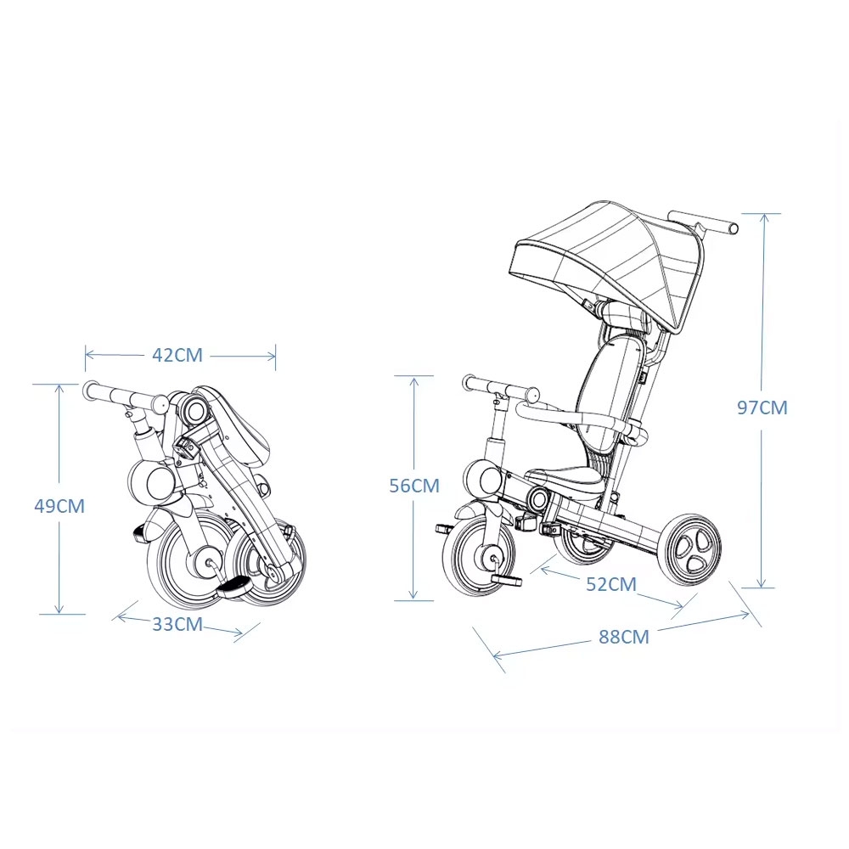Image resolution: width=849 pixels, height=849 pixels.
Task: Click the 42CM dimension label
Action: pos(177,355)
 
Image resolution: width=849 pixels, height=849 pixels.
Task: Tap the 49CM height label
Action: pos(59,506)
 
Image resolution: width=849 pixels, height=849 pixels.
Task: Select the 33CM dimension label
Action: pos(177,624)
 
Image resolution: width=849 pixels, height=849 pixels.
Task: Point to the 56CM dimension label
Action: pos(414,486)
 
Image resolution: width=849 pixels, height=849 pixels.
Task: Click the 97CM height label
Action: pos(762,408)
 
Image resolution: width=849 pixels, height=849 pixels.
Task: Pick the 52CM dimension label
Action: pos(611,584)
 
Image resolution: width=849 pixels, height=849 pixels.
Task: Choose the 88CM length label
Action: pos(624,637)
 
